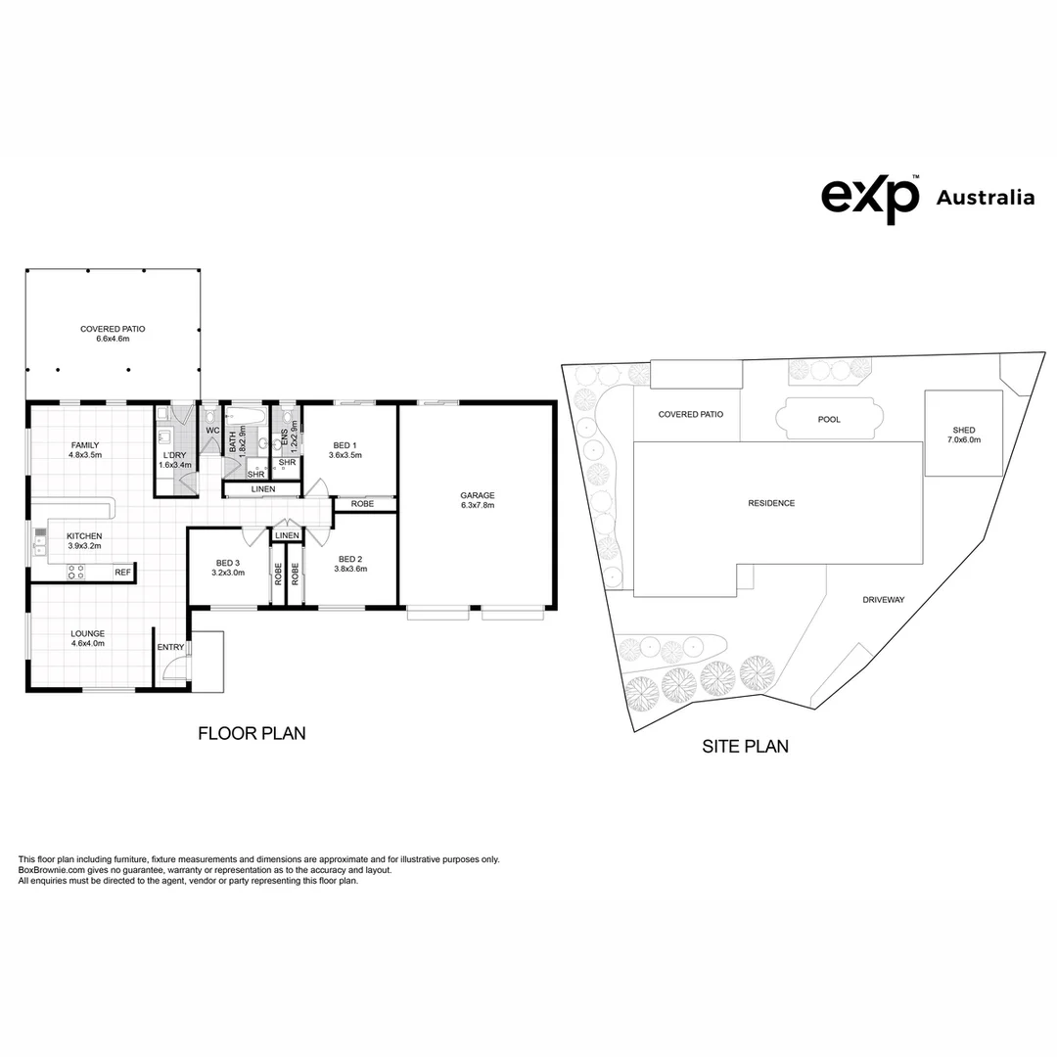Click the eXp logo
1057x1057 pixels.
click(869, 197)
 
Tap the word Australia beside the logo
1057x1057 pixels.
click(985, 198)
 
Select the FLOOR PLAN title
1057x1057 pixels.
click(252, 733)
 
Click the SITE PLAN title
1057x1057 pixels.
click(745, 747)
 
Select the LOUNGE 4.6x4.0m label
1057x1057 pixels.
click(87, 638)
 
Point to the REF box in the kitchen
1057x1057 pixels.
click(122, 573)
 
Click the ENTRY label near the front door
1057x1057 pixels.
click(169, 647)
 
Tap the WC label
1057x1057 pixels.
click(212, 431)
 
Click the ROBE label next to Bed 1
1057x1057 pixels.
click(362, 504)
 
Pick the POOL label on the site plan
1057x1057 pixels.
click(829, 420)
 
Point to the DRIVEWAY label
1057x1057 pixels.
click(884, 600)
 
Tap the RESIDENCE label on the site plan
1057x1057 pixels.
click(771, 503)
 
